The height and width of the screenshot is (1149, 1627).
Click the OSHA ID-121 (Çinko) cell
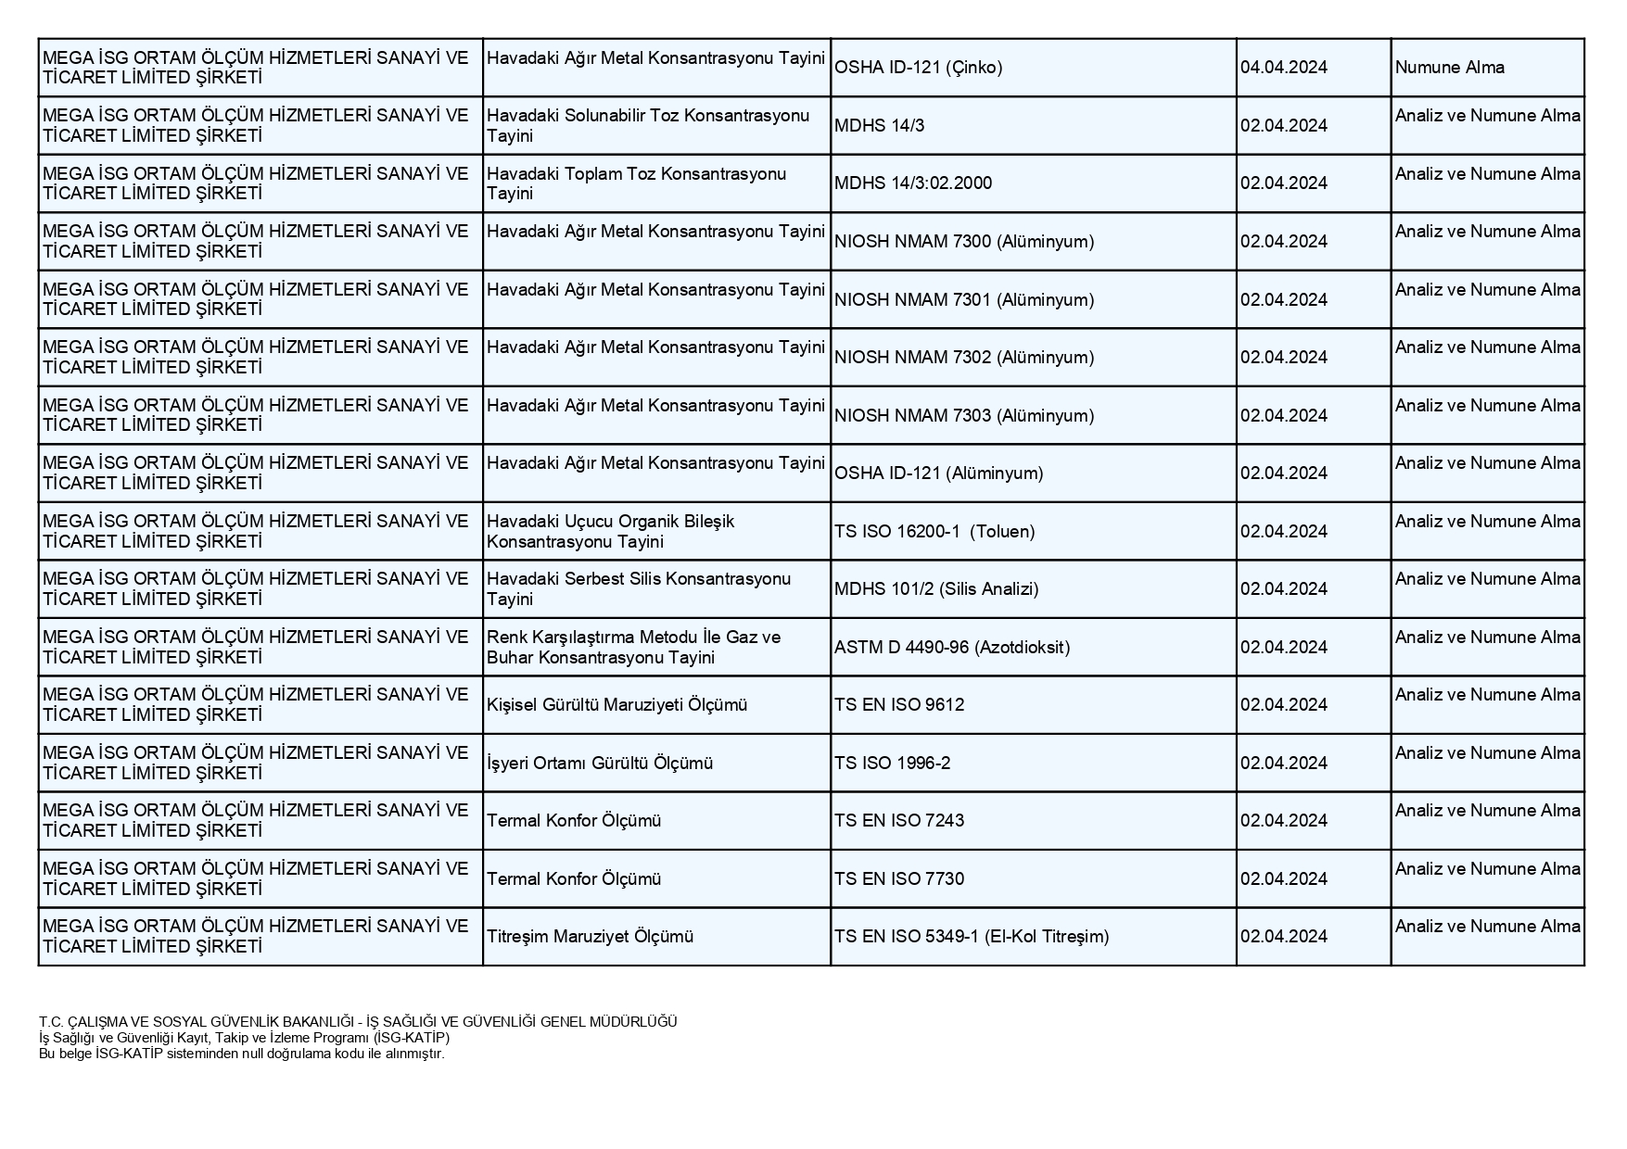coord(918,68)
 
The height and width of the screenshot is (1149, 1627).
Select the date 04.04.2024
coord(1283,68)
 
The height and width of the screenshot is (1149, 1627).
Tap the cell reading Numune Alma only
coord(1449,68)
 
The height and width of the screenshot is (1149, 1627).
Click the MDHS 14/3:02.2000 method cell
coord(912,183)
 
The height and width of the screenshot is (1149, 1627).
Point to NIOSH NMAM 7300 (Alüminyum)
coord(963,242)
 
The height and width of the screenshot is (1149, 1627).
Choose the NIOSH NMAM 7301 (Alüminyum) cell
coord(963,300)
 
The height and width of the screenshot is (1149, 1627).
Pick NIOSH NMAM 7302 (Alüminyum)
coord(963,358)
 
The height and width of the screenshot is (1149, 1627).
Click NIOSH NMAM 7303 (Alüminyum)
coord(963,416)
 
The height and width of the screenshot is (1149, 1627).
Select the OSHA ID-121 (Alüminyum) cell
coord(938,473)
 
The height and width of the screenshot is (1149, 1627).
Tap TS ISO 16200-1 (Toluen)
coord(934,532)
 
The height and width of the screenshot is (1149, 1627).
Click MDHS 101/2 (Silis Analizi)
coord(935,589)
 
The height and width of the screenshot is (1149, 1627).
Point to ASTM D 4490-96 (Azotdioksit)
coord(951,648)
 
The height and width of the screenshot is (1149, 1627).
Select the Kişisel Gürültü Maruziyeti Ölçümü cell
coord(616,705)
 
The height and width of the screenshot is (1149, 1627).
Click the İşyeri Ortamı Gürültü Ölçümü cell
coord(600,764)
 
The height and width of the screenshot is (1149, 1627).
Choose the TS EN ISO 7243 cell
coord(898,821)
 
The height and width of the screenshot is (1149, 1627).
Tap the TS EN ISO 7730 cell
coord(898,879)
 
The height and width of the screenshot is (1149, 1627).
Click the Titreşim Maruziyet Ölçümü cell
coord(590,937)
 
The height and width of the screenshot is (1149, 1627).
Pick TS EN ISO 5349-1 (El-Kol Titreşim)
coord(971,937)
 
